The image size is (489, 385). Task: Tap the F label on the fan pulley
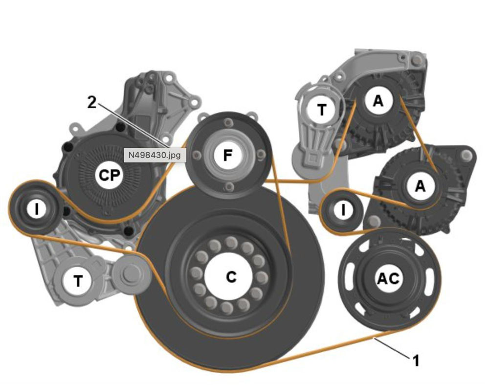tap(227, 156)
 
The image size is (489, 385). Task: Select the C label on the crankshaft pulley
tap(231, 277)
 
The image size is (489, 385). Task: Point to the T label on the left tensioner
tap(78, 281)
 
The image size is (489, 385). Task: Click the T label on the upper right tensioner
tap(321, 110)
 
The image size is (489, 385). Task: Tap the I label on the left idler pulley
tap(37, 209)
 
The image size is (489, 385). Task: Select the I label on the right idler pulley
tap(343, 210)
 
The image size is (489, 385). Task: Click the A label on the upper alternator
tap(378, 101)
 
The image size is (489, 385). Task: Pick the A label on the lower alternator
tap(420, 186)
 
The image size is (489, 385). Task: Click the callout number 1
tap(416, 362)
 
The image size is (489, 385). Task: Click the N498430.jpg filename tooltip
tap(155, 155)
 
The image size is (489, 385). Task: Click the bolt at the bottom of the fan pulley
tap(227, 186)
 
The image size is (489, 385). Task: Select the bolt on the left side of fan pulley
tap(196, 155)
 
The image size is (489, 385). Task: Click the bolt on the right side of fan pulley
tap(261, 156)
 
